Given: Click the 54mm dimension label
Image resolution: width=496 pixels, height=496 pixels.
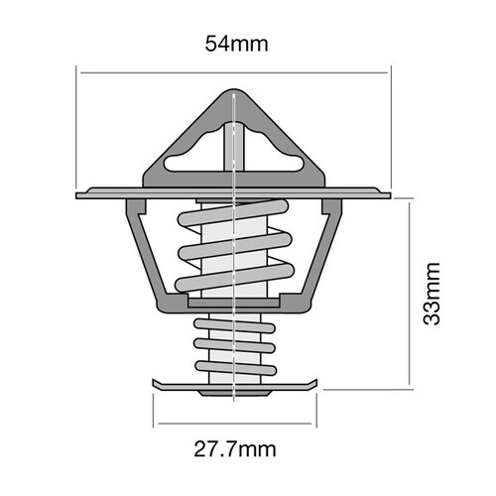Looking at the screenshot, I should (235, 44).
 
